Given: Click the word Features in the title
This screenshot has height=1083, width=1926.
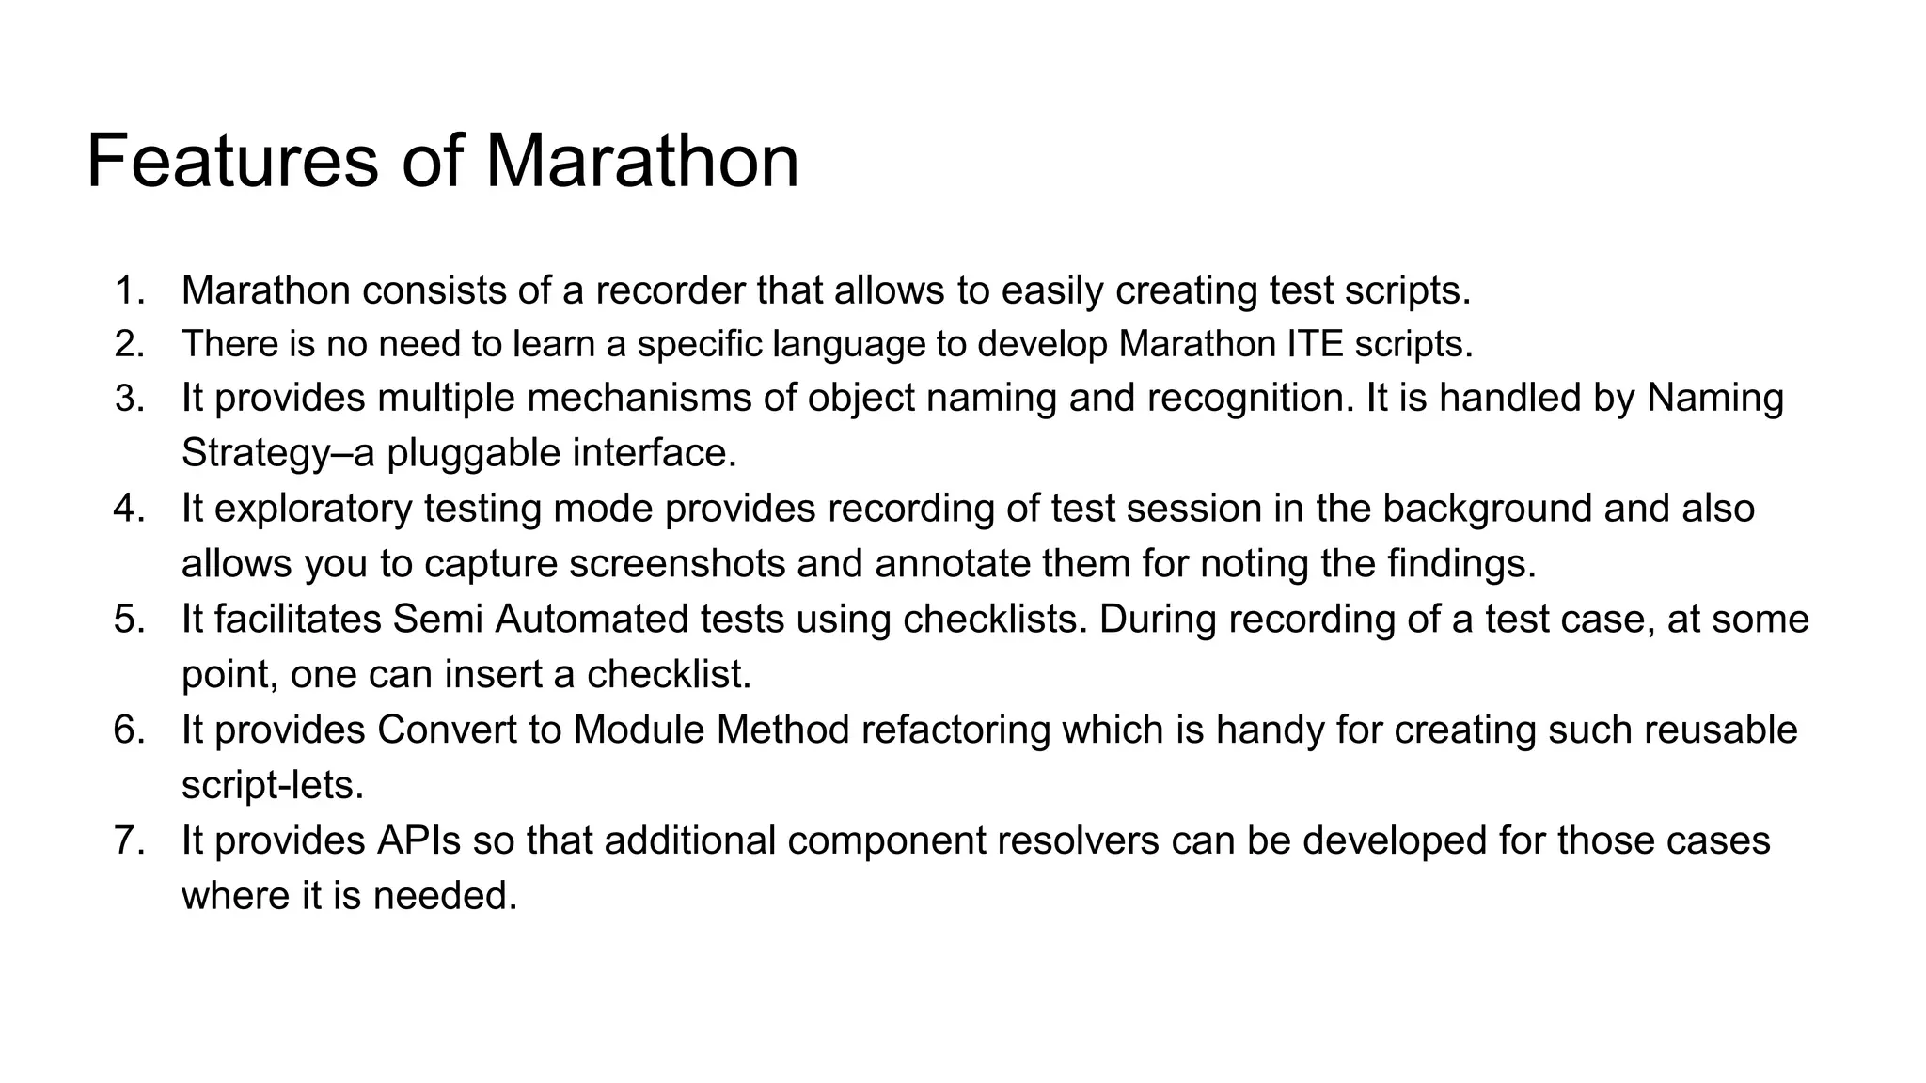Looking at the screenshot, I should (x=232, y=162).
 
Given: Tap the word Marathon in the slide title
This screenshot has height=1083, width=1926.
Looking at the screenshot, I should (x=641, y=162).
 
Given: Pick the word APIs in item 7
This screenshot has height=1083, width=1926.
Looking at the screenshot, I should (x=419, y=840).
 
